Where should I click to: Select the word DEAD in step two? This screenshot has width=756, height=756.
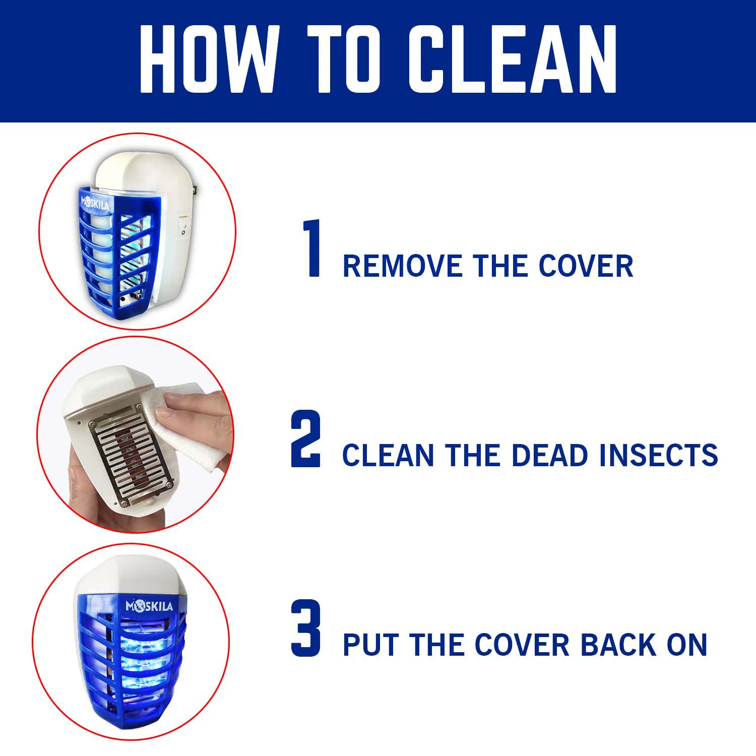point(550,455)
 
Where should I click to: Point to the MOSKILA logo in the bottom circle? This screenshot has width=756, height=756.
point(149,605)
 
